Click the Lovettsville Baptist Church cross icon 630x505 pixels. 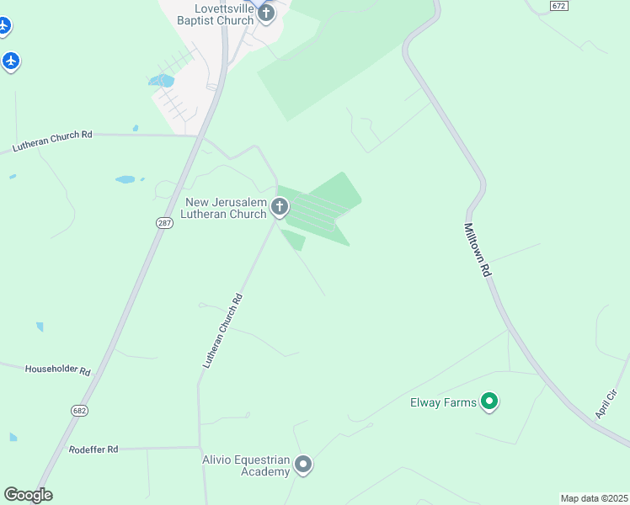pyautogui.click(x=266, y=13)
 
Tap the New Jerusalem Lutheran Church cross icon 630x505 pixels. pyautogui.click(x=280, y=206)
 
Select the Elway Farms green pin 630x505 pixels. pyautogui.click(x=489, y=401)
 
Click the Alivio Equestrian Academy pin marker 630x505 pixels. pyautogui.click(x=303, y=464)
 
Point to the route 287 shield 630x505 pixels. pyautogui.click(x=163, y=223)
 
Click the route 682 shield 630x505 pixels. pyautogui.click(x=80, y=410)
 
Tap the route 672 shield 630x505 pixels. pyautogui.click(x=558, y=6)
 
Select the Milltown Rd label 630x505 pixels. pyautogui.click(x=477, y=250)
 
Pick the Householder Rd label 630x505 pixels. pyautogui.click(x=57, y=369)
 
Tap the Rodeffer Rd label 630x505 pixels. pyautogui.click(x=93, y=449)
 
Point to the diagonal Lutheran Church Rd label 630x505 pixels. pyautogui.click(x=223, y=330)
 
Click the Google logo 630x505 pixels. pyautogui.click(x=28, y=495)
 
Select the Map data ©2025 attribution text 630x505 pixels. pyautogui.click(x=594, y=498)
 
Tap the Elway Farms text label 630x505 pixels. pyautogui.click(x=443, y=402)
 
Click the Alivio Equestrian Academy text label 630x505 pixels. pyautogui.click(x=246, y=465)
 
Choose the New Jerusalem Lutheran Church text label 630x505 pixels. pyautogui.click(x=226, y=209)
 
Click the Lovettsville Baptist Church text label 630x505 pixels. pyautogui.click(x=211, y=13)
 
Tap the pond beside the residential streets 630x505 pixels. pyautogui.click(x=160, y=81)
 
